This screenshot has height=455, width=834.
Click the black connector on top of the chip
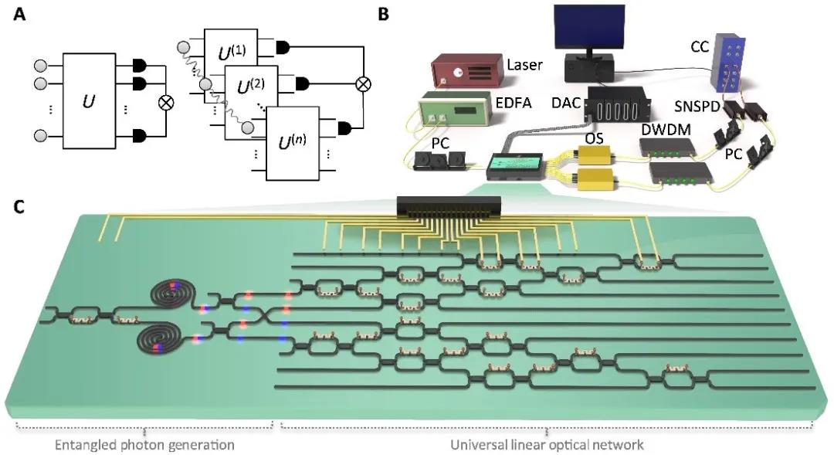[x=448, y=206]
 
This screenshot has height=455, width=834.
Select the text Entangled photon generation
[x=144, y=444]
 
